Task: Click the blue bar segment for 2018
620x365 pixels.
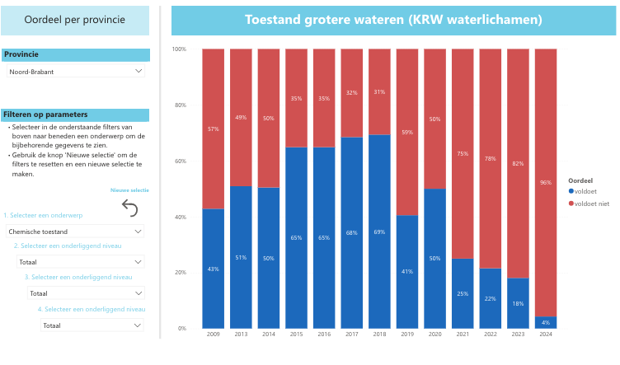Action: point(379,247)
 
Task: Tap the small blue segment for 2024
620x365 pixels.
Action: point(546,322)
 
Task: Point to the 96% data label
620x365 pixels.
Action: point(546,183)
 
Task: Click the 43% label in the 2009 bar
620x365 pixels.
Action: point(214,269)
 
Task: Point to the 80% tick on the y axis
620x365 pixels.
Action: point(179,105)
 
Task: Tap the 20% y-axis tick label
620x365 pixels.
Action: point(179,273)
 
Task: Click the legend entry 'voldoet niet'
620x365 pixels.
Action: point(591,203)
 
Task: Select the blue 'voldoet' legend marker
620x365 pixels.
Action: point(571,191)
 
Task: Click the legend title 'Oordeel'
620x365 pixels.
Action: point(581,180)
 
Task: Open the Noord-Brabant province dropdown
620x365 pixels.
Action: point(75,72)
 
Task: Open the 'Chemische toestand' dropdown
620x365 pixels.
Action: point(75,232)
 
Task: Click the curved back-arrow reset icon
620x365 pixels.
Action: point(129,208)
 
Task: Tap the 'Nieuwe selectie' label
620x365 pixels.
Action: point(129,190)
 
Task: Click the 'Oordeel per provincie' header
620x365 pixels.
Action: point(75,20)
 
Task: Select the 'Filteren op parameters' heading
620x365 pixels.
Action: point(45,115)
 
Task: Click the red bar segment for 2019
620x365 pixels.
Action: point(407,132)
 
